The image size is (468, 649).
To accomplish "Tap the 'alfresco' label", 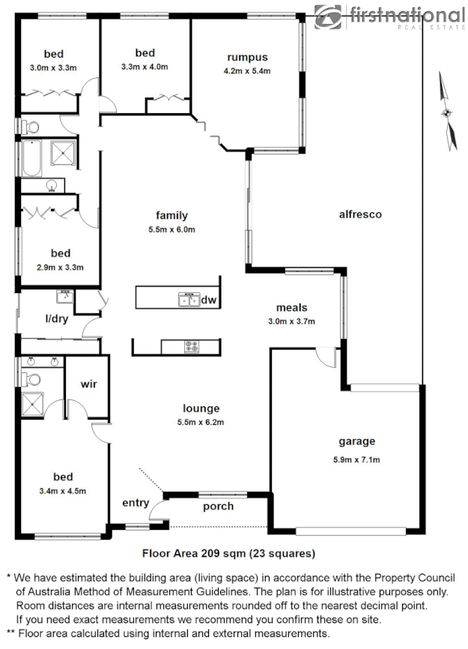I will pos(360,214).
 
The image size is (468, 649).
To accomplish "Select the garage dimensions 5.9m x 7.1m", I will pos(356,459).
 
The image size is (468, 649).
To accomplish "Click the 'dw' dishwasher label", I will pos(209,301).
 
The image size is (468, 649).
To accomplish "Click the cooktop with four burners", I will pos(192,346).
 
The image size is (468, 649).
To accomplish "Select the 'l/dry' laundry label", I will pos(56,319).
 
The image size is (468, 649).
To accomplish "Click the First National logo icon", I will pos(326,16).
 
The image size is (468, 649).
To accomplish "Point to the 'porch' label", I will pos(218,506).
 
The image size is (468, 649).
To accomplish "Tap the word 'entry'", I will pos(136,503).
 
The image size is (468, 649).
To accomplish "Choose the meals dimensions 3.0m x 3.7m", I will pos(292,322).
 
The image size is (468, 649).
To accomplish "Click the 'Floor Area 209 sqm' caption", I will pos(228,554).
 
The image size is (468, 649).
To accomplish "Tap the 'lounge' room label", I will pos(201,408).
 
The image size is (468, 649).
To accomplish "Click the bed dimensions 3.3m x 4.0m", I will pos(145,67).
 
